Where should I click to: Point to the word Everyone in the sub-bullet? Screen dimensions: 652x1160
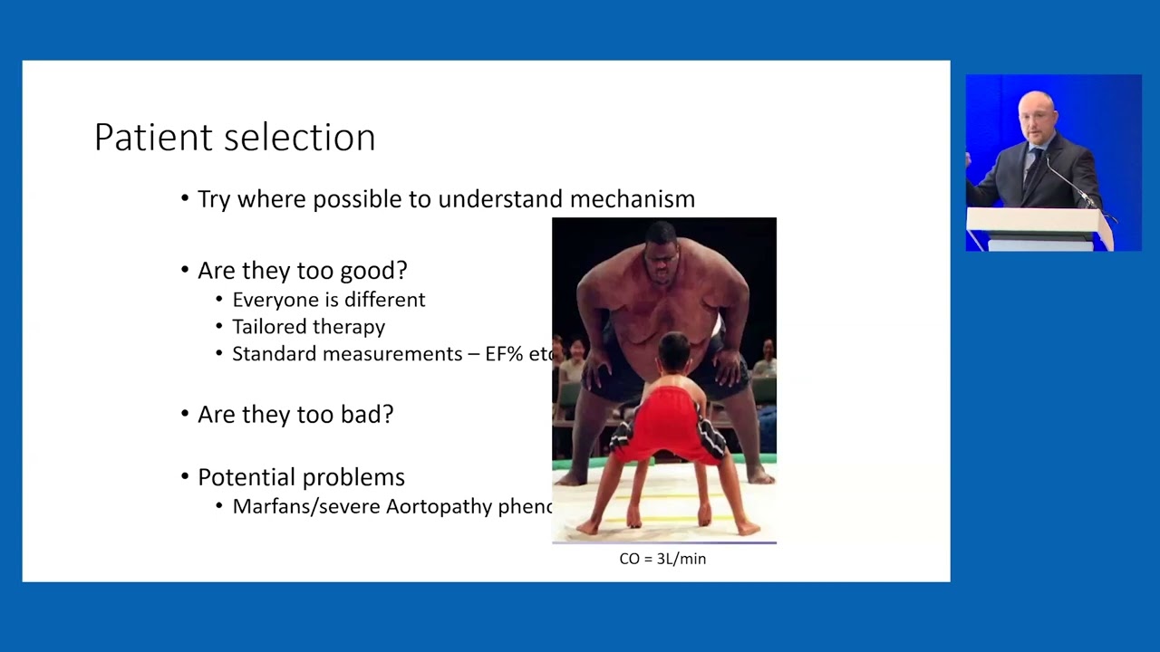271,300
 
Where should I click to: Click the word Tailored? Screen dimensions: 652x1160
270,327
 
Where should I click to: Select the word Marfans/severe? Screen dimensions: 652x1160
306,506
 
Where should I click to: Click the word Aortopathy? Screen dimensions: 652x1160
440,506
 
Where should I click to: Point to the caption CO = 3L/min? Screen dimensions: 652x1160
662,559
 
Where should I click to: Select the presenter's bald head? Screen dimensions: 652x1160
1036,110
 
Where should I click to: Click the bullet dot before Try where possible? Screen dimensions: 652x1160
186,199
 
